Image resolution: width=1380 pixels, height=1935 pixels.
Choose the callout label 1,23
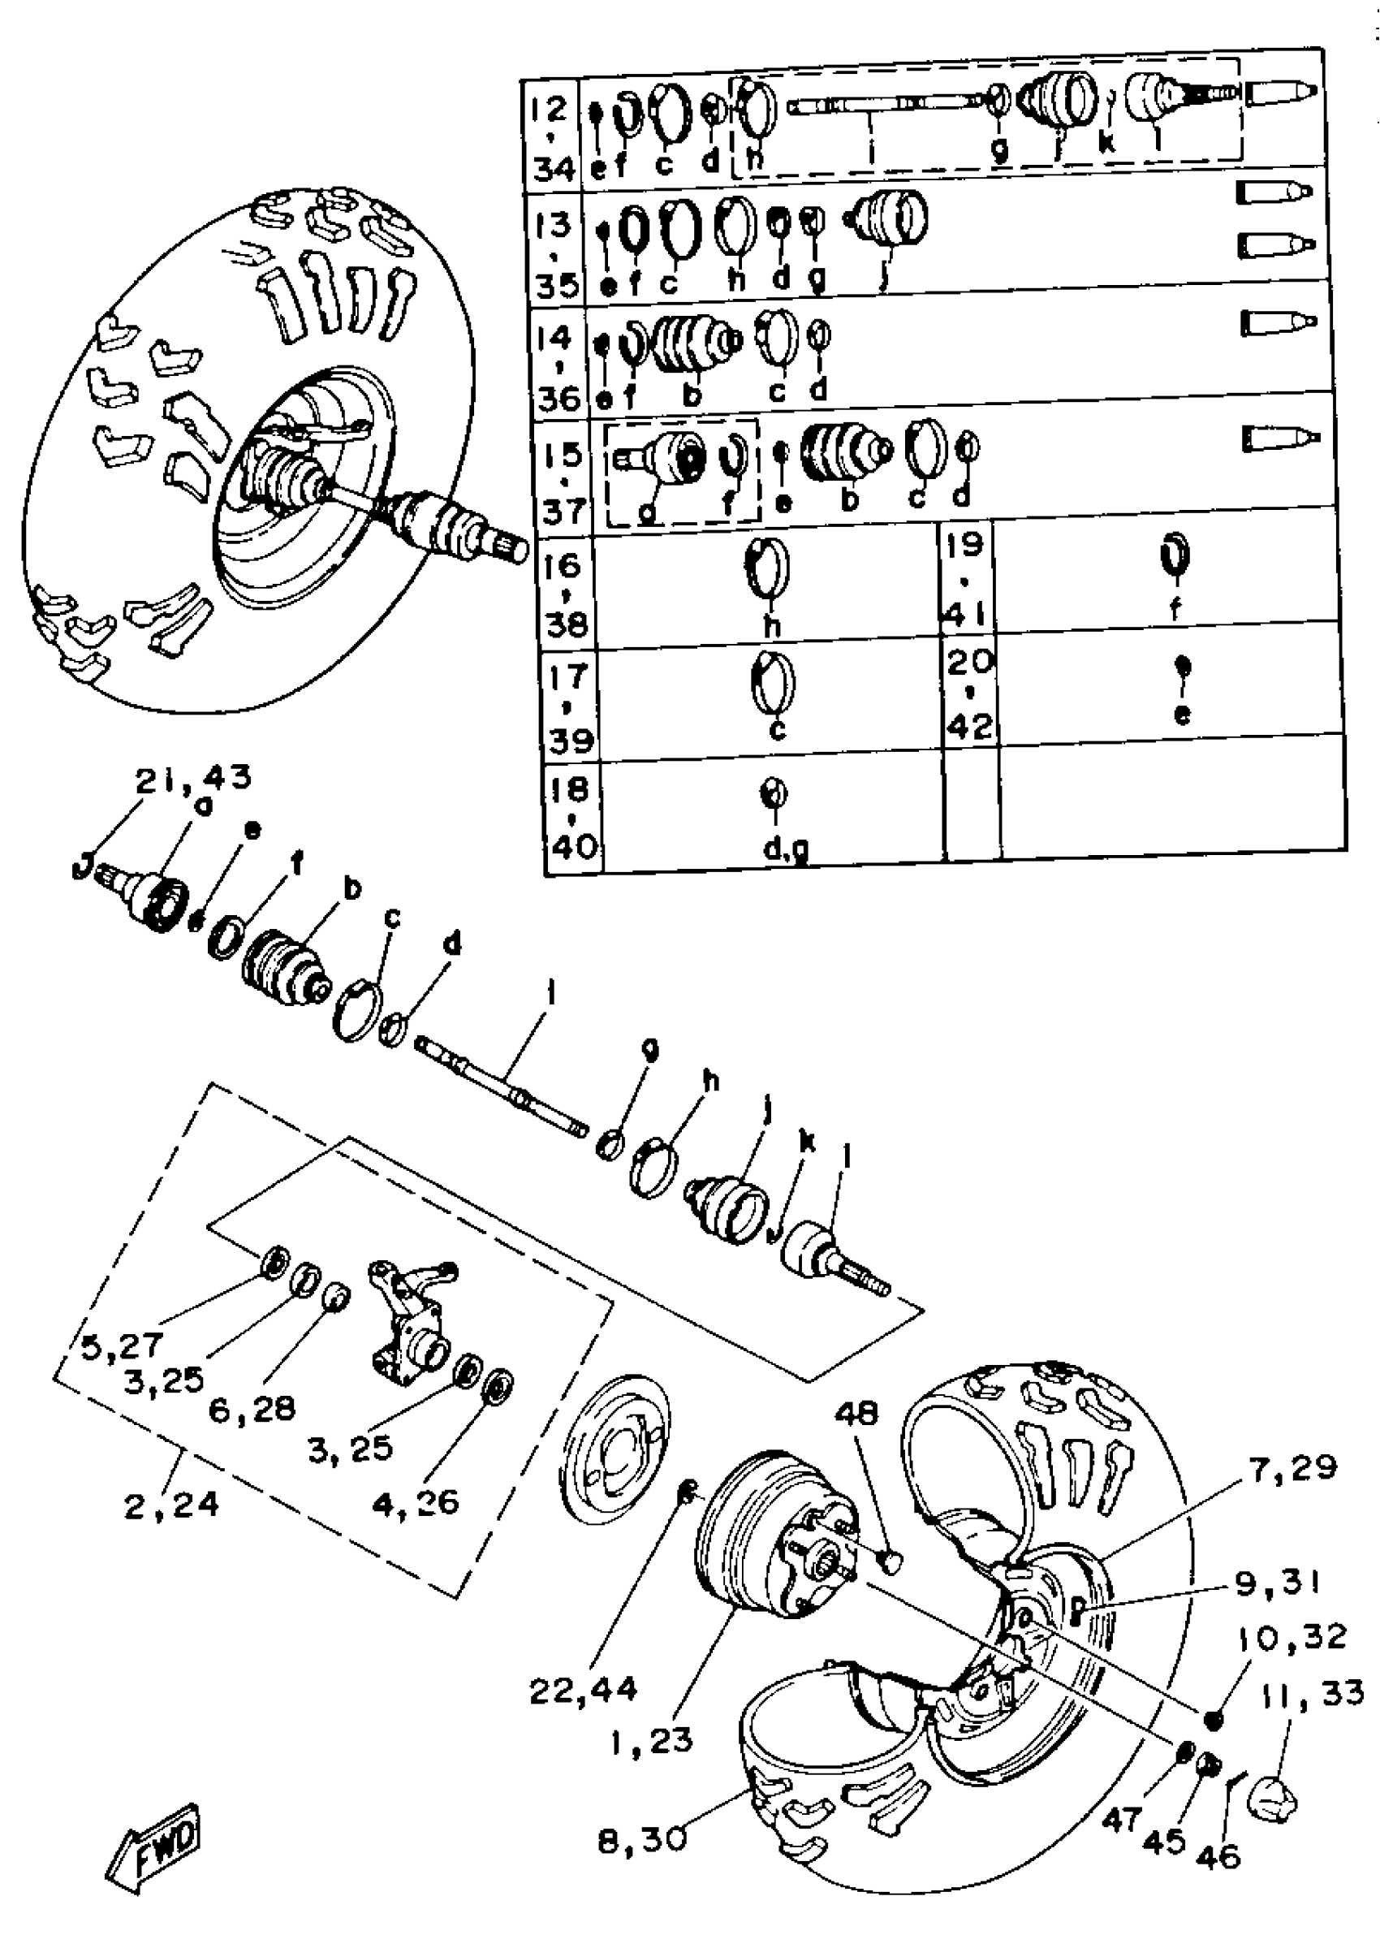pyautogui.click(x=652, y=1742)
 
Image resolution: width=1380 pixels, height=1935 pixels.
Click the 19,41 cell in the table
pyautogui.click(x=965, y=579)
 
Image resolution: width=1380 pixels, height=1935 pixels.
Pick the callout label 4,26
pyautogui.click(x=415, y=1502)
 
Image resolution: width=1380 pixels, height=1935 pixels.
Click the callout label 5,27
pyautogui.click(x=122, y=1346)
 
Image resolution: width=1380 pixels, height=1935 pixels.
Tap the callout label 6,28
pyautogui.click(x=252, y=1408)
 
